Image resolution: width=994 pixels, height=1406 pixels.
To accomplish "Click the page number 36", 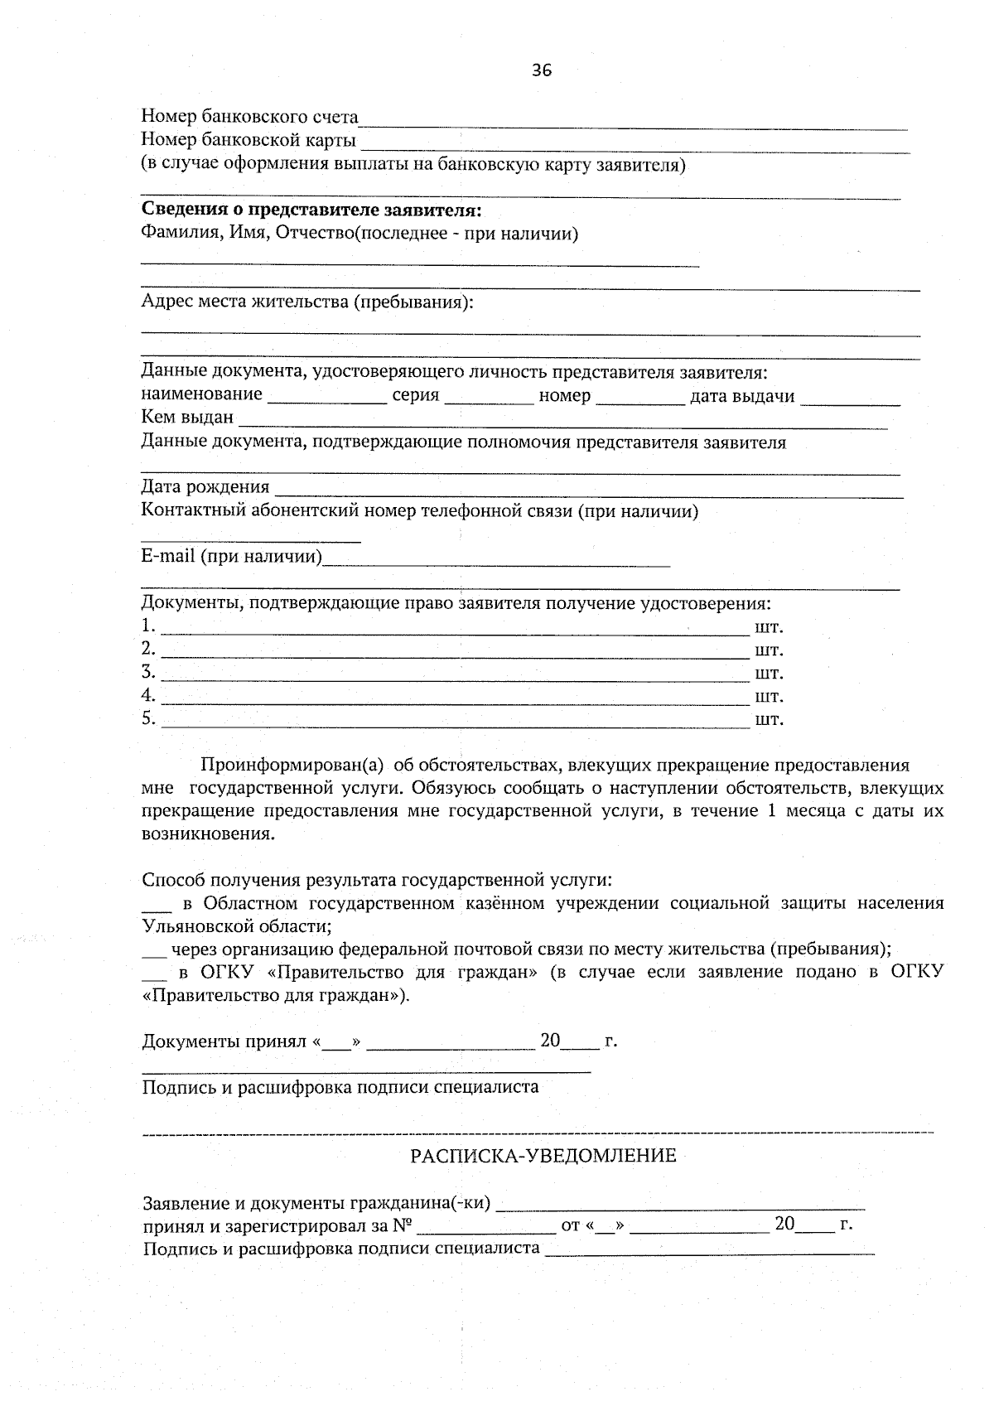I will tap(542, 70).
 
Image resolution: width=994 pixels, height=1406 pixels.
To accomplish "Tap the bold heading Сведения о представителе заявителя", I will tap(311, 210).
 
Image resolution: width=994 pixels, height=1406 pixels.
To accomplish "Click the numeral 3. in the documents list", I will tap(148, 671).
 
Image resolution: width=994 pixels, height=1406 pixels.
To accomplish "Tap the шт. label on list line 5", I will tap(769, 719).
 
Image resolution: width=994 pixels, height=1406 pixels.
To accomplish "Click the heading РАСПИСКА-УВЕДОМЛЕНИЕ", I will tap(543, 1155).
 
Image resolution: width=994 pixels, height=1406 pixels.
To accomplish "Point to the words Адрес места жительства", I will tap(246, 302).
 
